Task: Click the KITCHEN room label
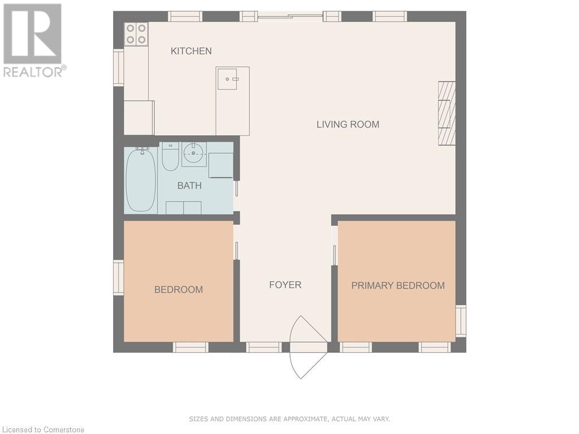[x=191, y=51]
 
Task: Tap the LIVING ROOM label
[x=347, y=124]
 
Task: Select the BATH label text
[x=189, y=185]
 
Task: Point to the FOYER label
[x=285, y=285]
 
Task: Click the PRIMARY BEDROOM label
[x=397, y=285]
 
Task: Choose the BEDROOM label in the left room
[x=178, y=289]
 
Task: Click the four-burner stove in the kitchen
[x=136, y=33]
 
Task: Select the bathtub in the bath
[x=140, y=180]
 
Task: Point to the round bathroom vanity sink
[x=194, y=153]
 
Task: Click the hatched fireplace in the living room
[x=447, y=113]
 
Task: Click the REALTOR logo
[x=33, y=40]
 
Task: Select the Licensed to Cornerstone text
[x=43, y=429]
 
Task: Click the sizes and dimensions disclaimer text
[x=289, y=419]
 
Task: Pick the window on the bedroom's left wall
[x=118, y=277]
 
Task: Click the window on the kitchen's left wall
[x=118, y=68]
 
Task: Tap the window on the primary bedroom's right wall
[x=461, y=321]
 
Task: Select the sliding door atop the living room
[x=291, y=17]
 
